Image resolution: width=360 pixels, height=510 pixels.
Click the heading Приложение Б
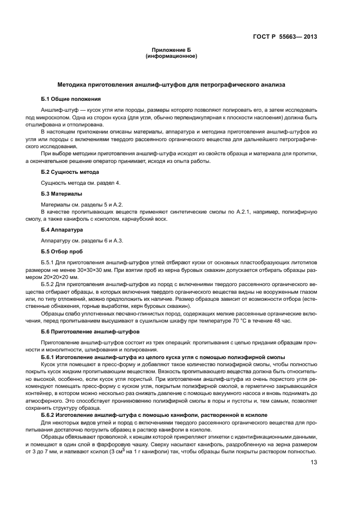tap(172, 50)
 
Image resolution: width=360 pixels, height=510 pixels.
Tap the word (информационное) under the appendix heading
tap(172, 56)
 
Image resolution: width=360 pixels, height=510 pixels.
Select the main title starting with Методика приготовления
tap(171, 85)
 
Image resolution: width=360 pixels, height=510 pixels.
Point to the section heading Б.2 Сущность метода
tap(70, 172)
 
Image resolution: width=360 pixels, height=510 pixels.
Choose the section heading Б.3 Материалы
tap(62, 193)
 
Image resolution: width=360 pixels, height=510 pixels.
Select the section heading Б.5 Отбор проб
tap(63, 251)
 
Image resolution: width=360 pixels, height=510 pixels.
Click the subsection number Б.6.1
tap(49, 355)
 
